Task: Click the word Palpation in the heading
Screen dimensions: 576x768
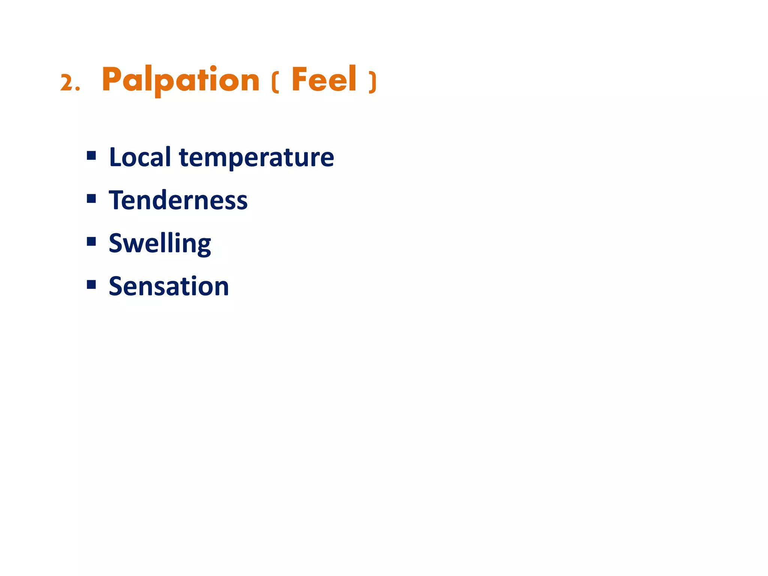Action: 180,79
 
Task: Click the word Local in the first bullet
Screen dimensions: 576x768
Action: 140,157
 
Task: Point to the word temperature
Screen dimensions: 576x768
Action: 256,158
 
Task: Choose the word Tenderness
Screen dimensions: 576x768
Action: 178,200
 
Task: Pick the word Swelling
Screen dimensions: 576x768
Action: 160,243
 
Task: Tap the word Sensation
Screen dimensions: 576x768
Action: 169,286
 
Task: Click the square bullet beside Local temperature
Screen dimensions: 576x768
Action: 91,155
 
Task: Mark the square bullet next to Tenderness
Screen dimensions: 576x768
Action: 91,198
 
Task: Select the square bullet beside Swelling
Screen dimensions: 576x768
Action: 91,241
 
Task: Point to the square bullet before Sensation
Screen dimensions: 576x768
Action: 91,284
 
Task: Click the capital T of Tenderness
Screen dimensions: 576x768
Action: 117,200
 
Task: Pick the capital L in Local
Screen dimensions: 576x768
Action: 115,157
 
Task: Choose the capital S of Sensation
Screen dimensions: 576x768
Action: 117,286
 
